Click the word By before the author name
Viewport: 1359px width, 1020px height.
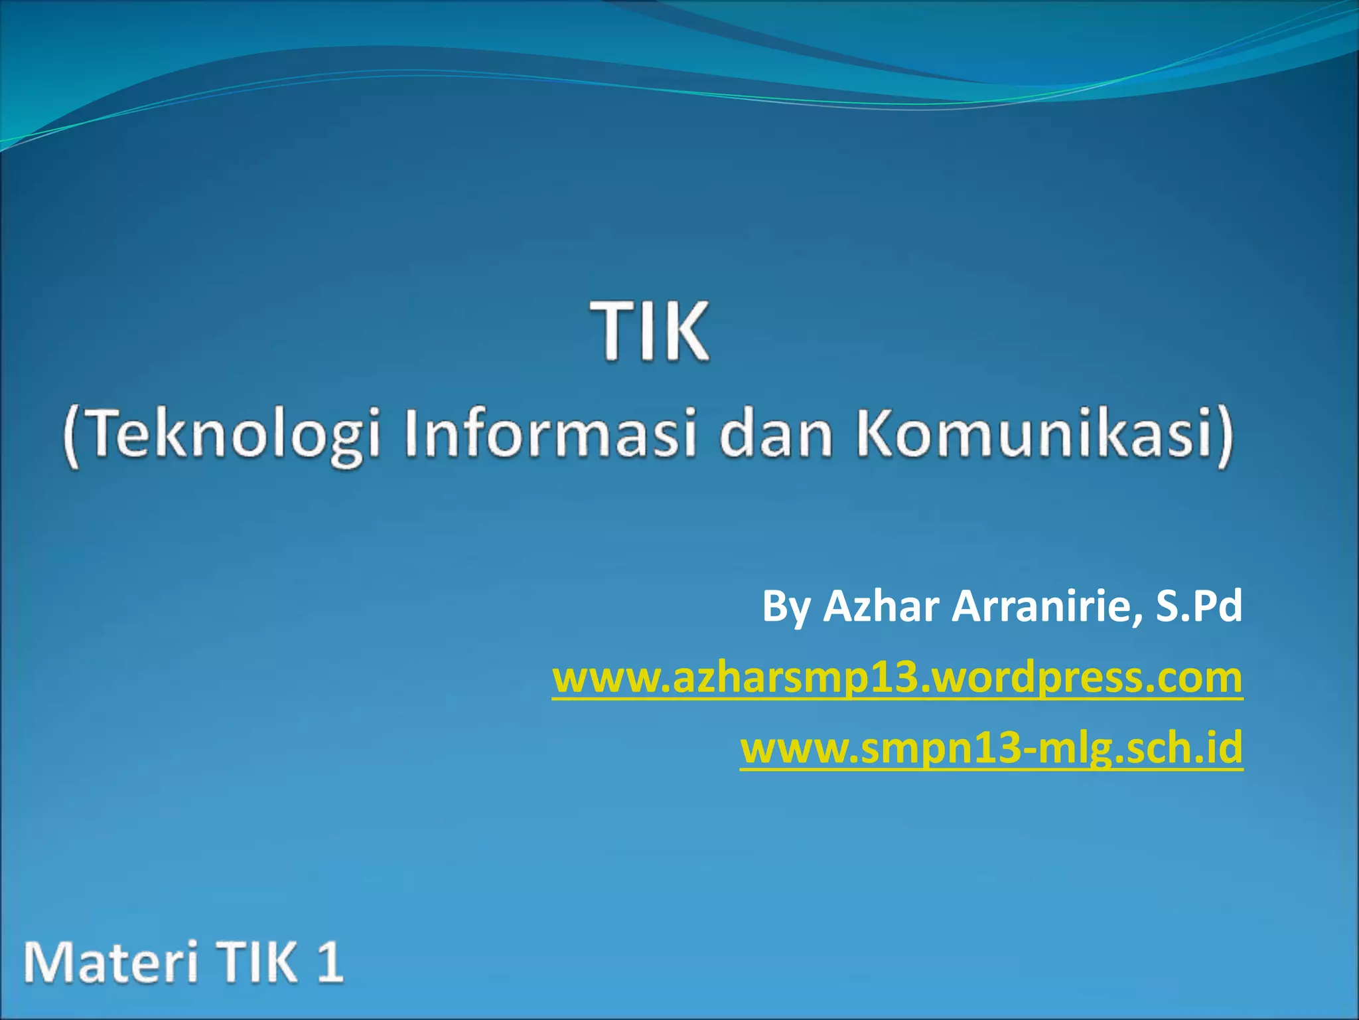pos(786,607)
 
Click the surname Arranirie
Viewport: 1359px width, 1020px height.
pos(1039,606)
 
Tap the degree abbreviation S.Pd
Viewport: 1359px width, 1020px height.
pos(1198,606)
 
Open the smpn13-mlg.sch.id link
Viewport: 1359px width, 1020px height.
pos(991,748)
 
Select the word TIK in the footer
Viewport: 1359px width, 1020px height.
pos(256,962)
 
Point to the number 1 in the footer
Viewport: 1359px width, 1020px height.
pos(329,962)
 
